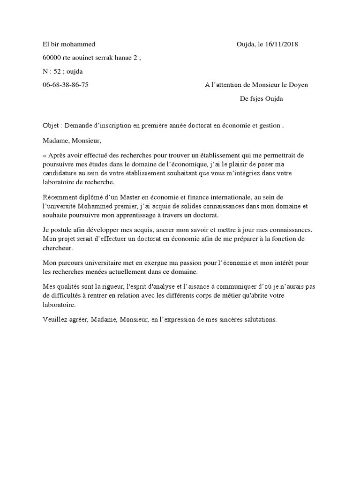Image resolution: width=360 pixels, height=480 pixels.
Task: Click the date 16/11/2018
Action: tap(281, 45)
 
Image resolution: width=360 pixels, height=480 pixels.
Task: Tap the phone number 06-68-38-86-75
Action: tap(65, 85)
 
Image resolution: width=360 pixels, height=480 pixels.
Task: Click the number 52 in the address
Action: tap(57, 72)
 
